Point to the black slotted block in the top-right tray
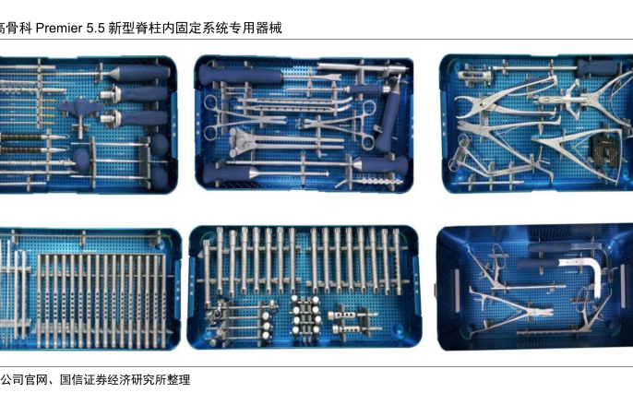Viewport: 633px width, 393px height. coord(604,149)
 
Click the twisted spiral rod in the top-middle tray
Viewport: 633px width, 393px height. coord(378,182)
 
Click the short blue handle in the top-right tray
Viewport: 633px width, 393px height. coord(596,67)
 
